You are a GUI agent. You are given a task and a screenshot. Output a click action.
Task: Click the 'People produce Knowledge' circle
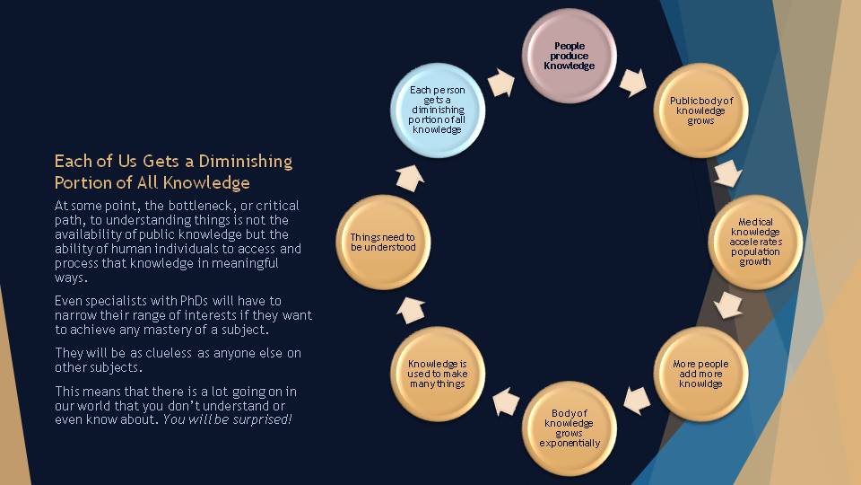[569, 56]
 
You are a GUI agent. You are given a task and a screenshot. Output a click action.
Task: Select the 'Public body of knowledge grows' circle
[700, 110]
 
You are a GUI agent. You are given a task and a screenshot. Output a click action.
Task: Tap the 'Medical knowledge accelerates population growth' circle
[755, 242]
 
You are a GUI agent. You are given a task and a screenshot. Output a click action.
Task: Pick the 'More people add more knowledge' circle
[700, 374]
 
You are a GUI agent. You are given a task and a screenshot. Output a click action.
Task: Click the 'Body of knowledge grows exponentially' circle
[569, 428]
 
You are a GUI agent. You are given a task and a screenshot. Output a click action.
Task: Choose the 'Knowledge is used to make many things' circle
[438, 374]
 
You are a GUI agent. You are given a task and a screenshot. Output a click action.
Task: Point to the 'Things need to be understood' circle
[383, 242]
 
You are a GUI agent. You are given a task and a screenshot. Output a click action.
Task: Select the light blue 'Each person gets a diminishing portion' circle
[438, 110]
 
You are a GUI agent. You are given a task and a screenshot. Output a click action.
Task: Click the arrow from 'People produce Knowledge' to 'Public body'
[633, 83]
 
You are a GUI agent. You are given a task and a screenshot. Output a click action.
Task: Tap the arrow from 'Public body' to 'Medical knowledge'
[728, 174]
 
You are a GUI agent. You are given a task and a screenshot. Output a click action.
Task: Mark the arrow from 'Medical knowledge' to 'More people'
[728, 305]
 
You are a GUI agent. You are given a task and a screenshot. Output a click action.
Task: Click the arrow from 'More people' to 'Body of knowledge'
[637, 401]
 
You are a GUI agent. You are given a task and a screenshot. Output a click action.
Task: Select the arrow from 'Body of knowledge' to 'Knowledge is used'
[506, 401]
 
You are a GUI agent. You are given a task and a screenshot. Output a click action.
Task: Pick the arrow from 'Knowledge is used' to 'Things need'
[411, 310]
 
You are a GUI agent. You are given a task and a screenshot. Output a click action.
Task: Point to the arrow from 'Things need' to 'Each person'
[410, 178]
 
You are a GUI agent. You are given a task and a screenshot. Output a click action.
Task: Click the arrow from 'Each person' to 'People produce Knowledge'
[500, 83]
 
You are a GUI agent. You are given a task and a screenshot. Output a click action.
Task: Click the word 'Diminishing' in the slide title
[246, 161]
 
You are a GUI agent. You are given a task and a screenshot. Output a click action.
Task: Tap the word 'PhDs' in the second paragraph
[194, 301]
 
